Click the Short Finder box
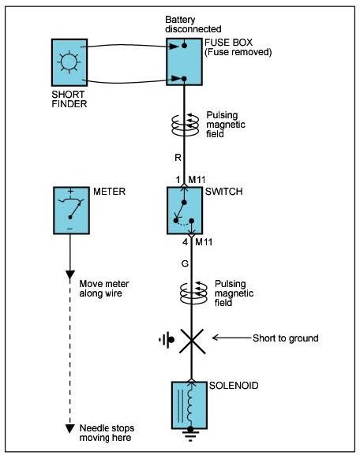click(69, 62)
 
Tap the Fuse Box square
click(184, 62)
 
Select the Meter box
click(71, 211)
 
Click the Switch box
click(185, 211)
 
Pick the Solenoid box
click(189, 405)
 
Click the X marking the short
click(192, 341)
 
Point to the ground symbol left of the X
click(167, 340)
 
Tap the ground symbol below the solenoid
click(190, 435)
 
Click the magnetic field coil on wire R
click(185, 125)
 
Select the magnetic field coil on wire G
click(193, 293)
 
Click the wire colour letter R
click(178, 158)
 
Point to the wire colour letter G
click(185, 264)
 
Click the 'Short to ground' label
click(286, 338)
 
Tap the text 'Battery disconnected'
click(193, 24)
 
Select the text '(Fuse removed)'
click(238, 52)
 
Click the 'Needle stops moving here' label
click(107, 433)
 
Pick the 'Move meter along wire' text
click(104, 289)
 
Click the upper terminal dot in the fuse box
click(184, 46)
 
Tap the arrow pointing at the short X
click(232, 338)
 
